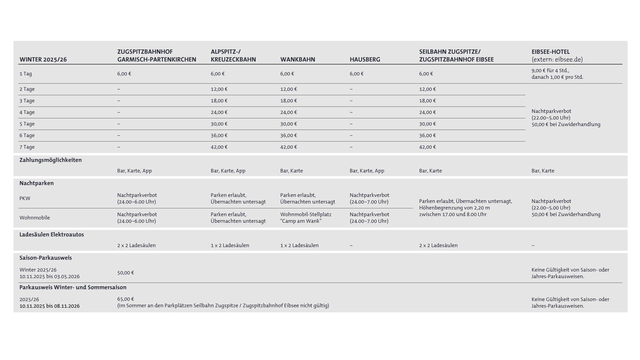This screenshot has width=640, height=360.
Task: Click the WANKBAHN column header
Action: pyautogui.click(x=297, y=60)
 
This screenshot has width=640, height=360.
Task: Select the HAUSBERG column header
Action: pyautogui.click(x=365, y=60)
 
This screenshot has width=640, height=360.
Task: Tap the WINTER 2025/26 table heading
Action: pyautogui.click(x=43, y=60)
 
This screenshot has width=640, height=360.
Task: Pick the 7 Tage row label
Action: pyautogui.click(x=27, y=147)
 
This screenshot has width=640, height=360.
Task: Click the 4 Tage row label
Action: pyautogui.click(x=27, y=112)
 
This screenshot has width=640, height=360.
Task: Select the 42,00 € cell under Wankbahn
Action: pyautogui.click(x=288, y=147)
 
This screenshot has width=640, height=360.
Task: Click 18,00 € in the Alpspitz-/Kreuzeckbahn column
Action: pyautogui.click(x=219, y=101)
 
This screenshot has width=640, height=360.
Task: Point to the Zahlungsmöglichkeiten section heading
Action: pyautogui.click(x=50, y=160)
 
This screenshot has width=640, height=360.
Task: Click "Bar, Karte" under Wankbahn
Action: pyautogui.click(x=291, y=171)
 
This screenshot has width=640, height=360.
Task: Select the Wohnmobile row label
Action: pyautogui.click(x=34, y=218)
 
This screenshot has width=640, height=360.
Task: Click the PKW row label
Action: pyautogui.click(x=25, y=198)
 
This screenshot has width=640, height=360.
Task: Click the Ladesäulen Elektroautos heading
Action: pyautogui.click(x=52, y=235)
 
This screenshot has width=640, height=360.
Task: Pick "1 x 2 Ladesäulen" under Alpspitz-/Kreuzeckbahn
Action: pyautogui.click(x=230, y=246)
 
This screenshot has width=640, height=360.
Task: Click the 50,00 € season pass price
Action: pyautogui.click(x=125, y=273)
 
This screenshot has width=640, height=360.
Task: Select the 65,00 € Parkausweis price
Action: pyautogui.click(x=125, y=299)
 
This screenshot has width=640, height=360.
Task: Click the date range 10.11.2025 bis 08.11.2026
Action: pyautogui.click(x=49, y=306)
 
